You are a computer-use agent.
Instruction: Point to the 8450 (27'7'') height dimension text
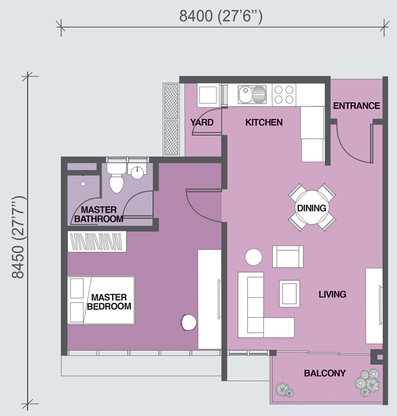19,238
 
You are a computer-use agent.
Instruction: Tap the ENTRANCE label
356,106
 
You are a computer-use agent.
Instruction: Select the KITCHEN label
264,122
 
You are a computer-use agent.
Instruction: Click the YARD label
202,122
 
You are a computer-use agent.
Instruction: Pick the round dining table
312,208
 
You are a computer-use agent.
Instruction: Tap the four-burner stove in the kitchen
284,95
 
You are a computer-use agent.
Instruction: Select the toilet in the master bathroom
116,177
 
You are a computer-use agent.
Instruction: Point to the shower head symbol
83,181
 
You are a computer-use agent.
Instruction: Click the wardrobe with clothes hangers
97,241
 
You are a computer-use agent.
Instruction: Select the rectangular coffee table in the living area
290,294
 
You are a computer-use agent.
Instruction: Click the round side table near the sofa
254,257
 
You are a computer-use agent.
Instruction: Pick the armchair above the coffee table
288,257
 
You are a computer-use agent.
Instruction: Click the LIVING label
332,294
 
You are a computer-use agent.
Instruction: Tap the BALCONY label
325,373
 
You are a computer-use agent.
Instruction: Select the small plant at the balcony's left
285,390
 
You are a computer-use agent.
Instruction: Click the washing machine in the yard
208,95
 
